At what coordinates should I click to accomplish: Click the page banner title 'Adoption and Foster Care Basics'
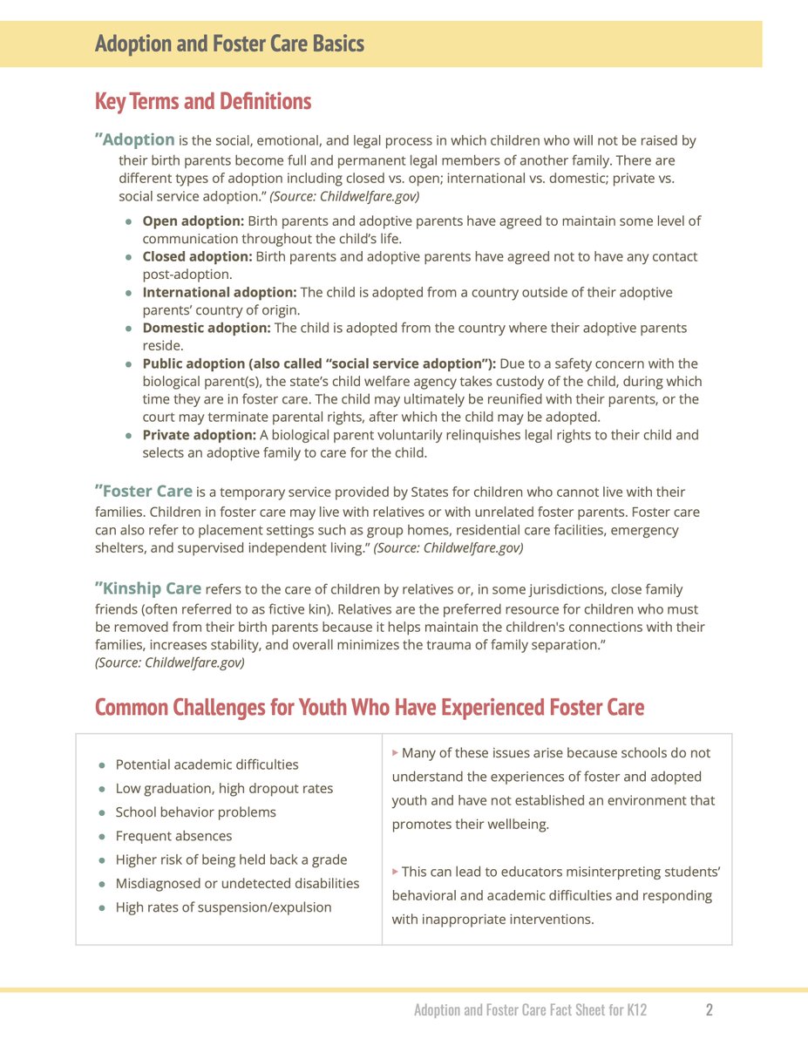229,44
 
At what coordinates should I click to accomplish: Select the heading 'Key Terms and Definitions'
202,101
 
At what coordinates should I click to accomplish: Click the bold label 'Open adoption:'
194,221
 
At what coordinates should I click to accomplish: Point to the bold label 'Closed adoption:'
197,257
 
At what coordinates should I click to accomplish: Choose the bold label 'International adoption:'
220,293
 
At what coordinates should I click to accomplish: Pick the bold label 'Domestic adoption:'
207,328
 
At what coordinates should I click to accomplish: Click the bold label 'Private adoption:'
199,435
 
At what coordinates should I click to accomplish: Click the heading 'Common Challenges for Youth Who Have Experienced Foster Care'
369,707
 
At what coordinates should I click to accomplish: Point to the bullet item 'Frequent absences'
173,836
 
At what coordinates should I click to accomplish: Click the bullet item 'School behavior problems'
195,812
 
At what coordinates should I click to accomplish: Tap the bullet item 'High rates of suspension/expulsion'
223,907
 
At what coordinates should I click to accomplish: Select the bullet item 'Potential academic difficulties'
207,764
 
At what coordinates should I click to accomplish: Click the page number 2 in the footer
710,1010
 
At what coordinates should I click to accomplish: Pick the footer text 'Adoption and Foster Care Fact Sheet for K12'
530,1010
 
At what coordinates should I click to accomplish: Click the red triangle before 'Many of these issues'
396,751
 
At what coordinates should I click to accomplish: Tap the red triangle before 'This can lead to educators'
396,870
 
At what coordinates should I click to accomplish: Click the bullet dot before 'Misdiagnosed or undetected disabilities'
102,884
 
